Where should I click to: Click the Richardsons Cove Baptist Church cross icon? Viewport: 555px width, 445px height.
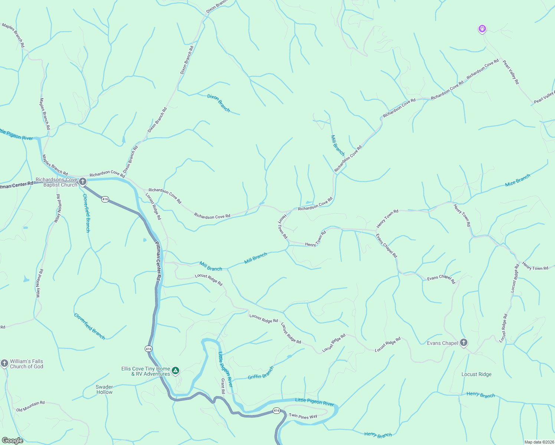point(83,182)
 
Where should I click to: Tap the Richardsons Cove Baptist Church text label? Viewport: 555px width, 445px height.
point(57,182)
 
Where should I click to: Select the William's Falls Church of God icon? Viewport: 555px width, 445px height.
point(4,363)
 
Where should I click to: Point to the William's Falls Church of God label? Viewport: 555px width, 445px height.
point(26,364)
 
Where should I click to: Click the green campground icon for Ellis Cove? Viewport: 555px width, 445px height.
point(176,370)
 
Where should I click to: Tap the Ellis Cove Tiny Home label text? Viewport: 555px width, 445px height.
point(145,371)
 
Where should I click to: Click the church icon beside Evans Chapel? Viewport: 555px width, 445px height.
point(464,343)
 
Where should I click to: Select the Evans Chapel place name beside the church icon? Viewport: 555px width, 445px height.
point(442,343)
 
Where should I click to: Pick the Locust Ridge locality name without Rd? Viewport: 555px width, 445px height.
point(476,374)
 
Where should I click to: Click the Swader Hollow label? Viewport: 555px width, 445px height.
point(104,389)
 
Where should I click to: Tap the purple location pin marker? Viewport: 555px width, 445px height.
point(482,29)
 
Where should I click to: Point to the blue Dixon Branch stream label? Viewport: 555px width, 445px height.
point(219,103)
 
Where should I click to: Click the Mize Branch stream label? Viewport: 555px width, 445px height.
point(518,180)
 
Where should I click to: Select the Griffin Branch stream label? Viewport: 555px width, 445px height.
point(260,373)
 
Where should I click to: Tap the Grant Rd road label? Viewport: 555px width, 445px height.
point(223,386)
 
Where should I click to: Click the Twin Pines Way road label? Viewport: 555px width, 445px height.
point(303,416)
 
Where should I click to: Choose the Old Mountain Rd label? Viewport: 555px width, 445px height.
point(30,406)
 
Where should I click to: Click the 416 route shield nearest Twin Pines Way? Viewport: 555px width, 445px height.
point(276,411)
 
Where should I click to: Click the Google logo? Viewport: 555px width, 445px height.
point(12,441)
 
